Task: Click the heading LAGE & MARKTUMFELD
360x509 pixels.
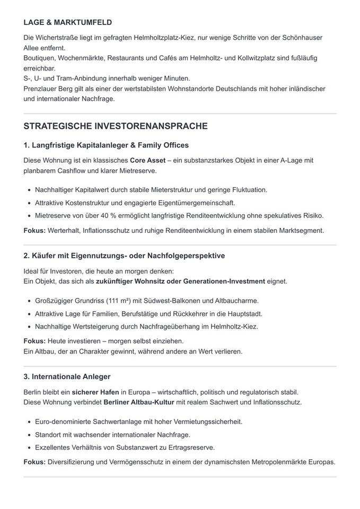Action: click(x=67, y=23)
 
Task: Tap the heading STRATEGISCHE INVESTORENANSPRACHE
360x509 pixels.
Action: click(x=116, y=126)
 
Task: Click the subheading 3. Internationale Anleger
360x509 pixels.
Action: click(x=67, y=376)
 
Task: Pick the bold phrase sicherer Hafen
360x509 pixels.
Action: click(x=95, y=392)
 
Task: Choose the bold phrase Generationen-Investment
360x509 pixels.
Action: click(x=233, y=281)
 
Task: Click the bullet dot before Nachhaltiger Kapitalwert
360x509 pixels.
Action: click(x=28, y=190)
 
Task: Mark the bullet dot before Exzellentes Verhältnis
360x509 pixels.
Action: click(x=28, y=447)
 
